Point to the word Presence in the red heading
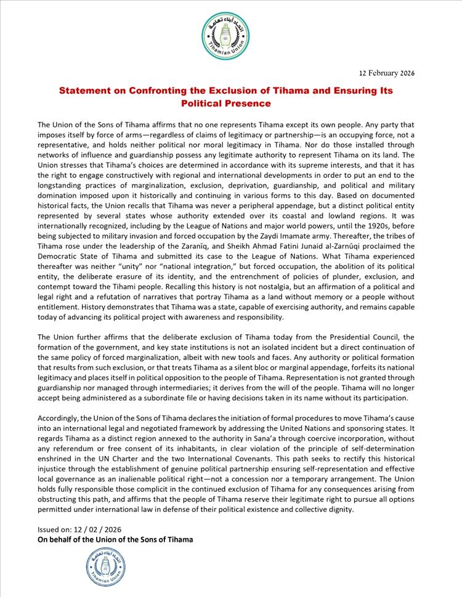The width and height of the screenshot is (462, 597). [x=232, y=103]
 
